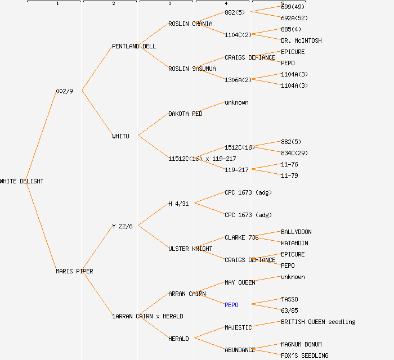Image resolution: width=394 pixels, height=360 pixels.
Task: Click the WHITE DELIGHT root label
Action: tap(21, 181)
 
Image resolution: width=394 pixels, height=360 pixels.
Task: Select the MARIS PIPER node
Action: tap(74, 271)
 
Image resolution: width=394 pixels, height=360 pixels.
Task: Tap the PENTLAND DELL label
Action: tap(134, 46)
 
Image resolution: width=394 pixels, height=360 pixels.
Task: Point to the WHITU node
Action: tap(120, 136)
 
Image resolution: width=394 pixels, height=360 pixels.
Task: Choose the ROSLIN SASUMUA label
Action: tap(192, 69)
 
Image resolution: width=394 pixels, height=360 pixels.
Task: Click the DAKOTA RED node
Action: tap(185, 114)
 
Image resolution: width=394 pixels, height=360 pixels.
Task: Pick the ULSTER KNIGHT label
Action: tap(190, 249)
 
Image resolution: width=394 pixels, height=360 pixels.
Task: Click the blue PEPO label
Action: tap(231, 305)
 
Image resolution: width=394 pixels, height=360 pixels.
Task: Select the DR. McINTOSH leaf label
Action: tap(301, 40)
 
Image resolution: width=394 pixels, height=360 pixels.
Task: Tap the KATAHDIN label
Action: tap(294, 243)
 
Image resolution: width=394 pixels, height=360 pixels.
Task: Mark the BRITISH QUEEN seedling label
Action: tap(318, 322)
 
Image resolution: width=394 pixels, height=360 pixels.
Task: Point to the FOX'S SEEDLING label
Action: tap(305, 355)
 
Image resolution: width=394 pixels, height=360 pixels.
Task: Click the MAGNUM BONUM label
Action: tap(301, 344)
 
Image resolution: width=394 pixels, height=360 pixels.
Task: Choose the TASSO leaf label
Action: tap(289, 299)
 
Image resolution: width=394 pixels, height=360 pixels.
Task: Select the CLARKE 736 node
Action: tap(241, 237)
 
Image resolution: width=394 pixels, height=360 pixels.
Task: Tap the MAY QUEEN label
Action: tap(240, 282)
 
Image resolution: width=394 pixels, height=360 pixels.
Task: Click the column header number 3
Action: tap(169, 4)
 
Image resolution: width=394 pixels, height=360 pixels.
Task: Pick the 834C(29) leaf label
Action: tap(294, 153)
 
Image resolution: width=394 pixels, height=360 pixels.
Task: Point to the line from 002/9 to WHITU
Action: tap(97, 112)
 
